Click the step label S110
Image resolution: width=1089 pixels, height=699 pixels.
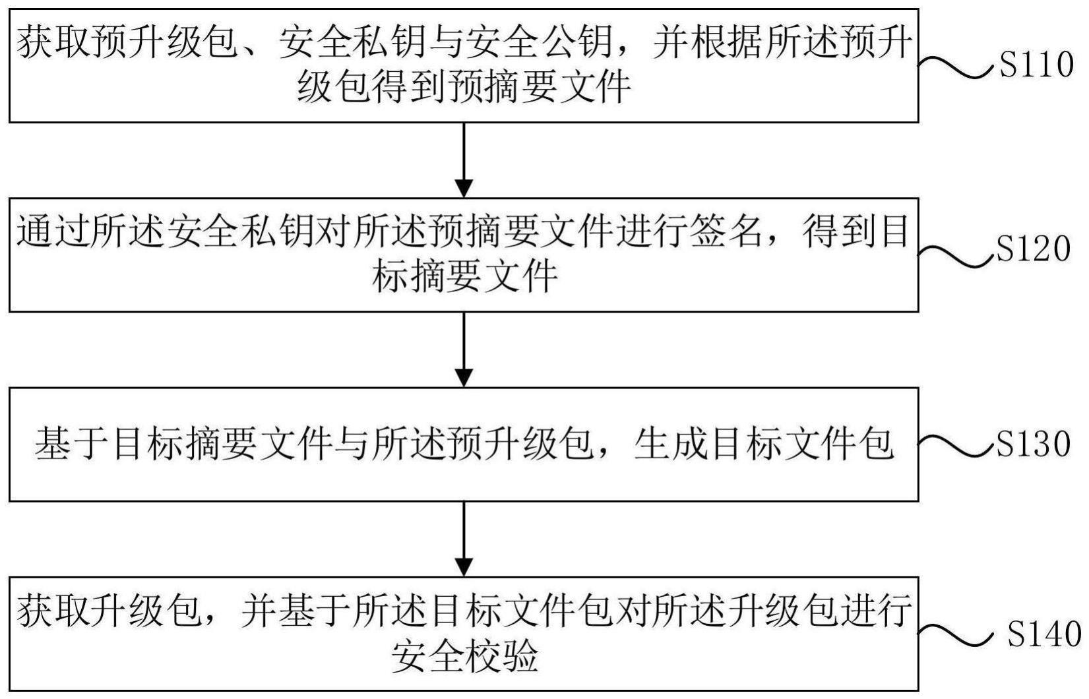[x=1036, y=65]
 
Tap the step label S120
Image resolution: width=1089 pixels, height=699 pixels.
[x=1033, y=249]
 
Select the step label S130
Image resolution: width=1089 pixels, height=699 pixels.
[x=1033, y=444]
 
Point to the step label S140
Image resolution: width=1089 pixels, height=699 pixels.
[x=1043, y=634]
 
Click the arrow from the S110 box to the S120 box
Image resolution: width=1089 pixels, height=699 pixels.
[x=464, y=160]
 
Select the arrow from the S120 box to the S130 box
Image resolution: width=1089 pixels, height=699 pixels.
[x=464, y=350]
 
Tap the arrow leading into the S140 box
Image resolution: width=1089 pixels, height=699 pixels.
[x=464, y=539]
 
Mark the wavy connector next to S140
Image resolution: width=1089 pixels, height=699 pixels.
[x=955, y=634]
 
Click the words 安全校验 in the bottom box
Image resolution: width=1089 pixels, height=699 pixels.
[x=465, y=655]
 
